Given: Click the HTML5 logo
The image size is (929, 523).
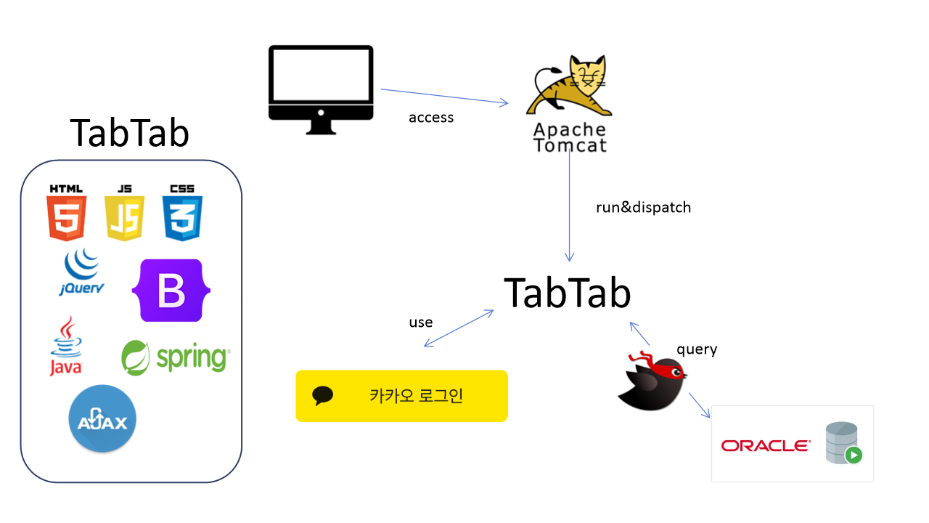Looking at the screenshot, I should point(67,213).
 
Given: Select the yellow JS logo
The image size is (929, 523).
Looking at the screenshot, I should point(125,213).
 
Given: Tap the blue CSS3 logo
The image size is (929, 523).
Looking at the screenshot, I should point(182,213).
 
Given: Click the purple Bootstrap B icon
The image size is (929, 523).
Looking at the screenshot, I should point(171,290).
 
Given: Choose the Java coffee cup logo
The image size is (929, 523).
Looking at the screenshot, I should point(66,346).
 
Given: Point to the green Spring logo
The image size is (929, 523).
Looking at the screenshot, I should point(176,357).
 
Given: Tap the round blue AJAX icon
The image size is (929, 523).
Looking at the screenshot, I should point(102,418).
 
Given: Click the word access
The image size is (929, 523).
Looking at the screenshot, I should point(431,118).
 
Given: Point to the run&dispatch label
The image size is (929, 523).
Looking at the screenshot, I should point(643,208).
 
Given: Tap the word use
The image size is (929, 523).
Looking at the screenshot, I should point(421,323).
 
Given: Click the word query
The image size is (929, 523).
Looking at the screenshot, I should point(697,349).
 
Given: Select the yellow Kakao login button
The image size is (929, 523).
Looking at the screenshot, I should point(401,396).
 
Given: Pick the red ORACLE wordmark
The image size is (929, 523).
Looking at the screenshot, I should point(766,445).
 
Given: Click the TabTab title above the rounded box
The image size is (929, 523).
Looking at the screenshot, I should point(130,133).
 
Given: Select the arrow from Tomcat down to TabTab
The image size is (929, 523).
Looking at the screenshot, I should point(570,211).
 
